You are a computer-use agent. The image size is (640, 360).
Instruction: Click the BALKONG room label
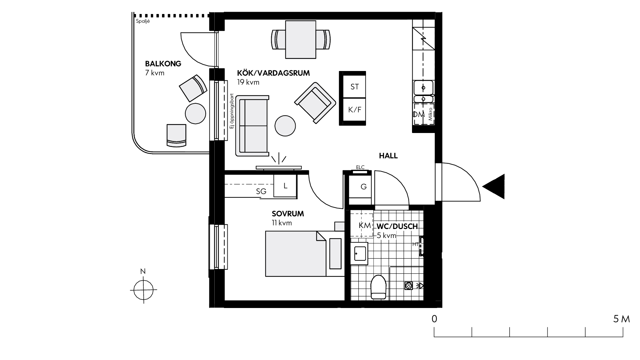tap(163, 64)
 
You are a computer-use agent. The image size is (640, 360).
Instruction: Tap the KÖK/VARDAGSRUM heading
tap(273, 73)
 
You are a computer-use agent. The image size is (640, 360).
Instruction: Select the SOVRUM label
tap(288, 214)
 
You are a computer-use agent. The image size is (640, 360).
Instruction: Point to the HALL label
tap(388, 156)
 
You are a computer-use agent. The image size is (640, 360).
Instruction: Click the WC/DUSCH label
tap(397, 226)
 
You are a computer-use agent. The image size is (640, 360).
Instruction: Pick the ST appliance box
tap(354, 87)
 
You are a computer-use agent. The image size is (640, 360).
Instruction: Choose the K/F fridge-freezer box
tap(354, 110)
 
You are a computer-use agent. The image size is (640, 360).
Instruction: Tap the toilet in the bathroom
tap(378, 287)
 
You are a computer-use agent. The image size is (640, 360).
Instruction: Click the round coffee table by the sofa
tap(285, 126)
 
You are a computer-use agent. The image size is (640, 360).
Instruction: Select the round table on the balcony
tap(195, 113)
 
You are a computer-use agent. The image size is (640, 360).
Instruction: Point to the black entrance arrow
tap(494, 187)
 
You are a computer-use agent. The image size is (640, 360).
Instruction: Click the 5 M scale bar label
tap(621, 319)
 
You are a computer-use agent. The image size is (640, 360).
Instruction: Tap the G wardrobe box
tap(360, 187)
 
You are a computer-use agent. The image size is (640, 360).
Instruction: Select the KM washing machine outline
tap(362, 225)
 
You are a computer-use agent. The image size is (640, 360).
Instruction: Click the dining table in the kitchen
tap(301, 39)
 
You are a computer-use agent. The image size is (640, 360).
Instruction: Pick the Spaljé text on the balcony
tap(143, 21)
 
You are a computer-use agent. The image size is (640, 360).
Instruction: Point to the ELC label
tap(360, 167)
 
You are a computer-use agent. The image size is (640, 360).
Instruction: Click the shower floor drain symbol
tap(409, 286)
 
